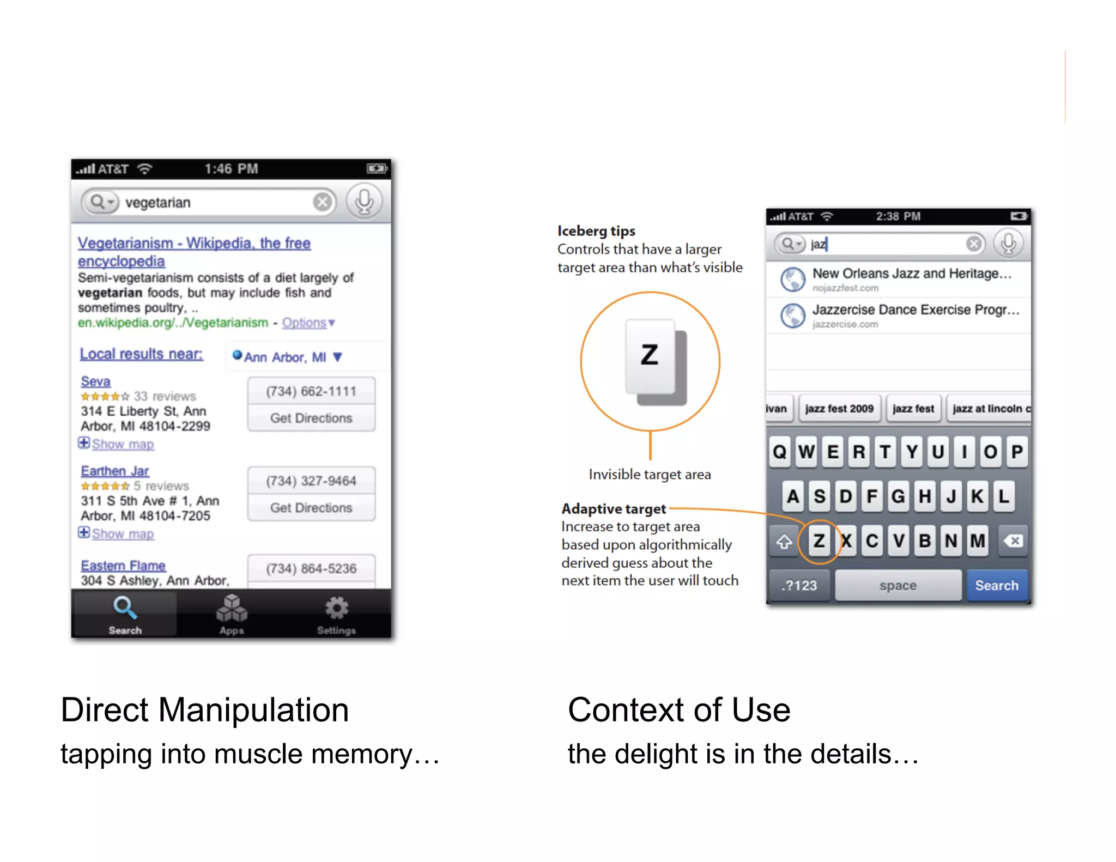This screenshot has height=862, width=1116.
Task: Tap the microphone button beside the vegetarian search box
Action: click(364, 202)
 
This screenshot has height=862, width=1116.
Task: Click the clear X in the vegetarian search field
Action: click(323, 202)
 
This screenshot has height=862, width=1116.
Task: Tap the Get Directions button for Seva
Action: click(311, 418)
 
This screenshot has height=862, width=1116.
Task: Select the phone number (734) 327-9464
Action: click(311, 481)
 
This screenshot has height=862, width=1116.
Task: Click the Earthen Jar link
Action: click(114, 471)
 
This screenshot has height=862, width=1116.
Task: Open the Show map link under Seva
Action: click(123, 444)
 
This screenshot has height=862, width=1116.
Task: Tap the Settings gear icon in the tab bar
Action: click(336, 608)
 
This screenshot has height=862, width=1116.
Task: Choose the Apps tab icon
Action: click(232, 608)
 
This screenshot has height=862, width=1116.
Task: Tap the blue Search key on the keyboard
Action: click(997, 585)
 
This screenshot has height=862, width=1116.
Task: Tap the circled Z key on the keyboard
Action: click(819, 541)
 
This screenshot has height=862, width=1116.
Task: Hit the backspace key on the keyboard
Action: click(1013, 541)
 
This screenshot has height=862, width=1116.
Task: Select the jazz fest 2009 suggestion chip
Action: click(839, 409)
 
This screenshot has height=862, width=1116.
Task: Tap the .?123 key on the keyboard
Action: click(799, 585)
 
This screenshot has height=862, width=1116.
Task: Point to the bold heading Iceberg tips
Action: click(596, 231)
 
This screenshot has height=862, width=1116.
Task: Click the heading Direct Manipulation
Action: click(204, 710)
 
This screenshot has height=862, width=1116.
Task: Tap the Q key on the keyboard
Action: click(780, 452)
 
